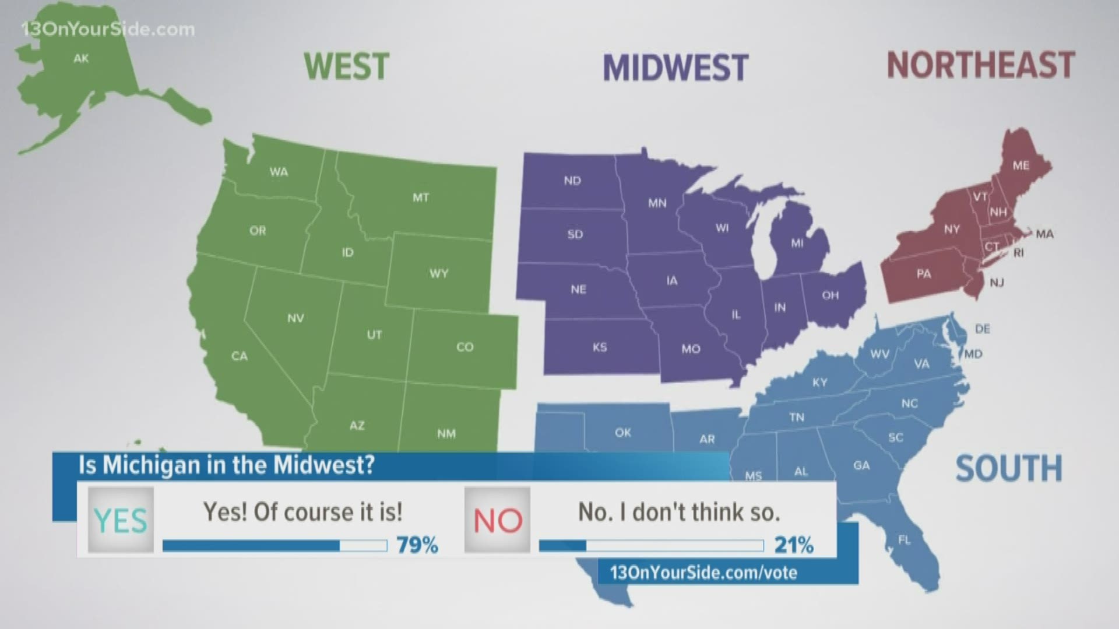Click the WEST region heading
[x=346, y=66]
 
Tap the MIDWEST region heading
[x=675, y=68]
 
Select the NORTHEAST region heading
[x=980, y=65]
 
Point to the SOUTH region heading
[x=1009, y=469]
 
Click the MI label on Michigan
[x=797, y=243]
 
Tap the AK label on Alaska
[x=81, y=58]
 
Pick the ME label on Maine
[x=1021, y=165]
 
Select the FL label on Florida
[x=904, y=540]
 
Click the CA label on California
[x=240, y=356]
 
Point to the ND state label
[x=572, y=181]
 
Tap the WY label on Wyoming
[x=439, y=273]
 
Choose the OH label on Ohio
[x=830, y=295]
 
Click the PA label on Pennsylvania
[x=923, y=274]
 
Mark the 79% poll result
[x=417, y=545]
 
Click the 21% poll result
[x=794, y=545]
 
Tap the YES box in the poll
[x=121, y=520]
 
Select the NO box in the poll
[x=497, y=520]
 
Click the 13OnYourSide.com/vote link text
[x=703, y=573]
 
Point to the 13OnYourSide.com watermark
[x=108, y=29]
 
